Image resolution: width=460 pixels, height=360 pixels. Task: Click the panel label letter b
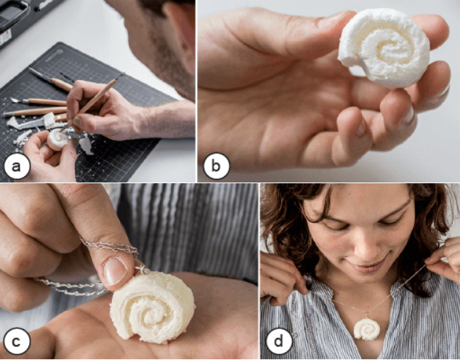216,166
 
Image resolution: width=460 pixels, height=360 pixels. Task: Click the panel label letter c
17,342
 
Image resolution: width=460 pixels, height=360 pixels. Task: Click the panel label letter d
278,341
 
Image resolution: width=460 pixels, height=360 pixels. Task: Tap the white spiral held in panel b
383,48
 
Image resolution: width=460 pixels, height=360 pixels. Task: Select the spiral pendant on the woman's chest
367,329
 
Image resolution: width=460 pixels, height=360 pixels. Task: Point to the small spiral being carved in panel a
58,139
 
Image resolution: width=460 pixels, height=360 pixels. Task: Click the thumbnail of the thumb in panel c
114,271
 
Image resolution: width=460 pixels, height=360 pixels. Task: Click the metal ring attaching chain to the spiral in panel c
142,269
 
